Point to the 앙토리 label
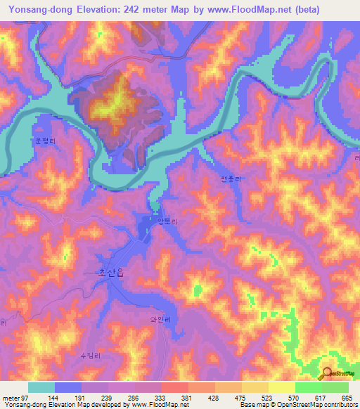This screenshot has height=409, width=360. tap(172, 221)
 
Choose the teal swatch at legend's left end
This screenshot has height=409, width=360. tap(41, 387)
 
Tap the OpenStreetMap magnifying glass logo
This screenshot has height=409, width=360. tap(326, 373)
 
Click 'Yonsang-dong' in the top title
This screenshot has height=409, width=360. tap(36, 9)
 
